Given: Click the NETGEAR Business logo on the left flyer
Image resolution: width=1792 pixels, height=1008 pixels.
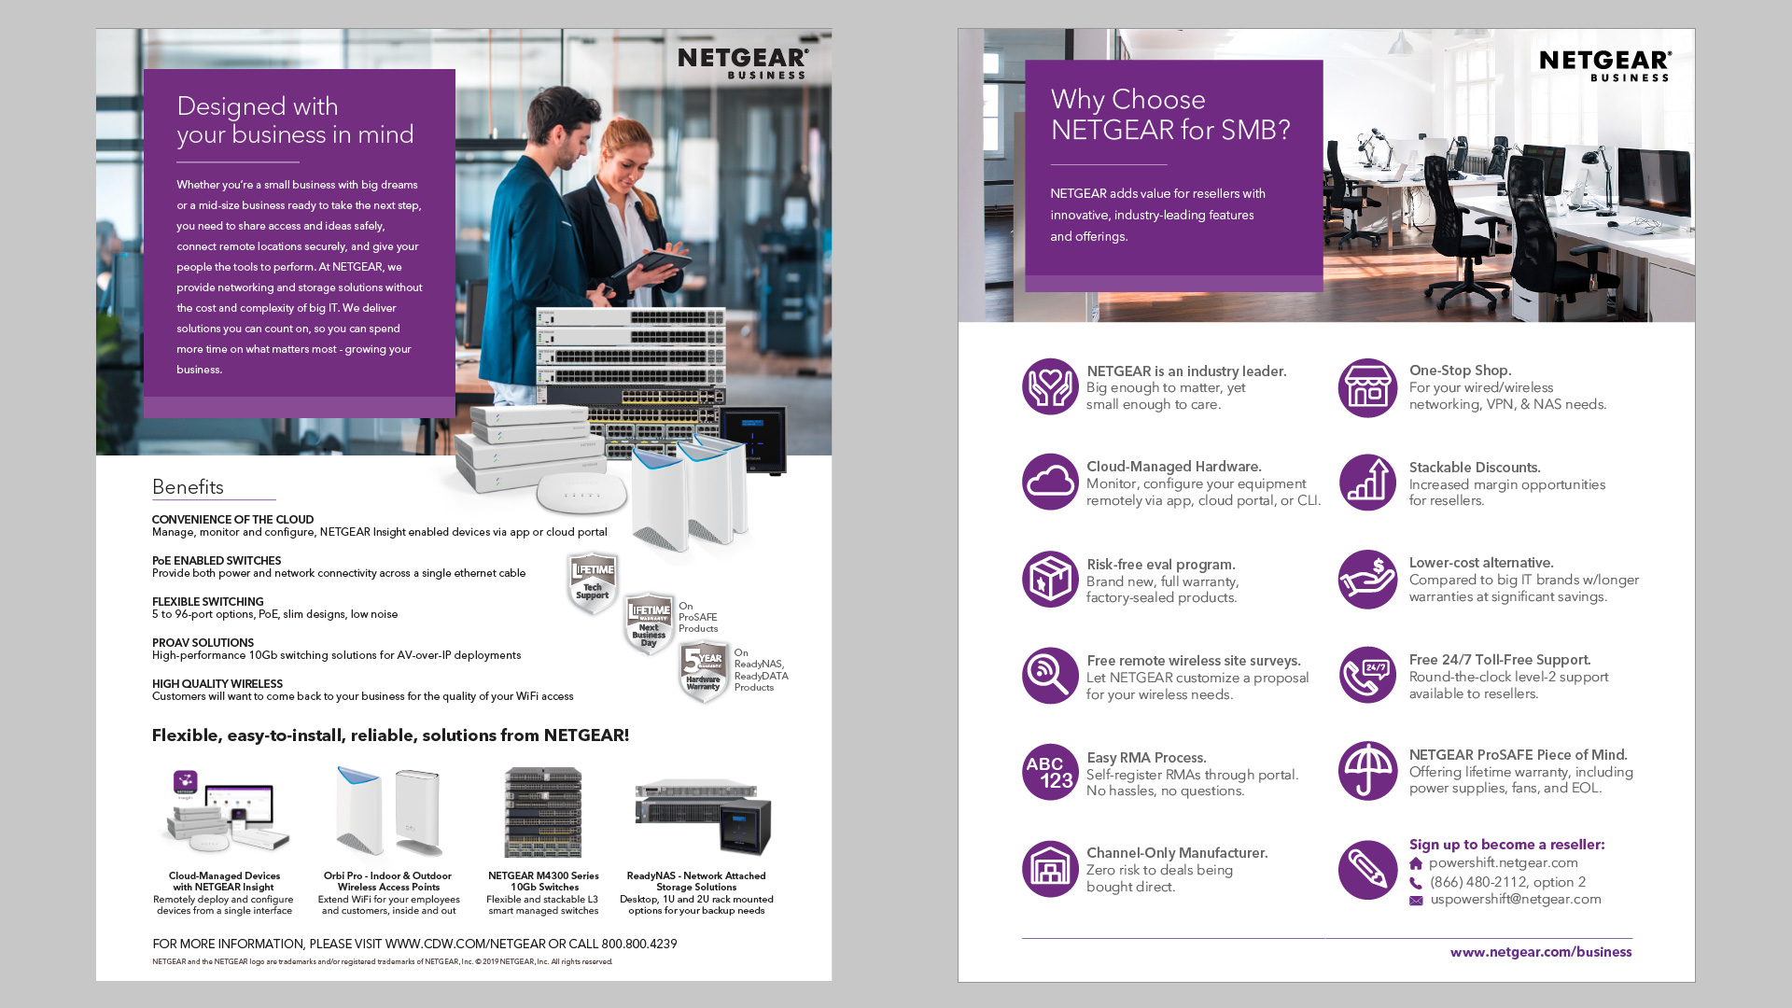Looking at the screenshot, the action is (x=743, y=63).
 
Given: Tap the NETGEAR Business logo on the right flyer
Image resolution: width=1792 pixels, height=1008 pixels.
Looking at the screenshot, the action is (x=1605, y=65).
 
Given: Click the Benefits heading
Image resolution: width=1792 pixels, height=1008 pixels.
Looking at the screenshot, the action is (x=188, y=487).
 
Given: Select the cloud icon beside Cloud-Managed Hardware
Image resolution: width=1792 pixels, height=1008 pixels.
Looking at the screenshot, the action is (x=1050, y=482).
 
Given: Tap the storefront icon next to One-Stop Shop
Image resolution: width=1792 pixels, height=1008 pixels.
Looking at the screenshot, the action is (x=1367, y=388).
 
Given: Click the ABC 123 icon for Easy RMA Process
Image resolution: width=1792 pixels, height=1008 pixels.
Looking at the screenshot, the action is (x=1050, y=772).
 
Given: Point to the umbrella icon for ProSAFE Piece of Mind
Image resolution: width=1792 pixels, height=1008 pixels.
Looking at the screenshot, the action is (x=1367, y=771).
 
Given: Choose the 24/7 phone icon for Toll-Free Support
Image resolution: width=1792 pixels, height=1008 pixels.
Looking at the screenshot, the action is (x=1367, y=675).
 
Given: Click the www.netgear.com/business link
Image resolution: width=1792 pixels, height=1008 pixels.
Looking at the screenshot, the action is (x=1541, y=952).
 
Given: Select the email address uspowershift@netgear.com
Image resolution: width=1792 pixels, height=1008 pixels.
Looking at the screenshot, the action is (x=1516, y=899).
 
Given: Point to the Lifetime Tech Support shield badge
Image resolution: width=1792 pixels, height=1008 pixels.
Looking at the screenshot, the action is (x=593, y=583).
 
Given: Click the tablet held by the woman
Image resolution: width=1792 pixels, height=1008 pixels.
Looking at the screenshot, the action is (x=651, y=263).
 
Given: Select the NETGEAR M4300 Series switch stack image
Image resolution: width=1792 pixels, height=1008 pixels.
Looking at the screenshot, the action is (x=543, y=812).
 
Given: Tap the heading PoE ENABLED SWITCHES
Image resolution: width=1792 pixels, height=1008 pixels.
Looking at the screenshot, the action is (x=217, y=561).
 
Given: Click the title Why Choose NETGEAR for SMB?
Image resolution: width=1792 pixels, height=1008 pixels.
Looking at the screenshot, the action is (x=1170, y=115).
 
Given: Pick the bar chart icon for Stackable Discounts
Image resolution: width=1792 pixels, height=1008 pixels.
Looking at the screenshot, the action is (x=1367, y=483).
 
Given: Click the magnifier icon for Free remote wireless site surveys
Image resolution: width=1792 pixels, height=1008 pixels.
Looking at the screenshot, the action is (x=1050, y=676).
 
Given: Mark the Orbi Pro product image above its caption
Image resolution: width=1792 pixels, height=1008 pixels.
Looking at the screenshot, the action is (x=389, y=811).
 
